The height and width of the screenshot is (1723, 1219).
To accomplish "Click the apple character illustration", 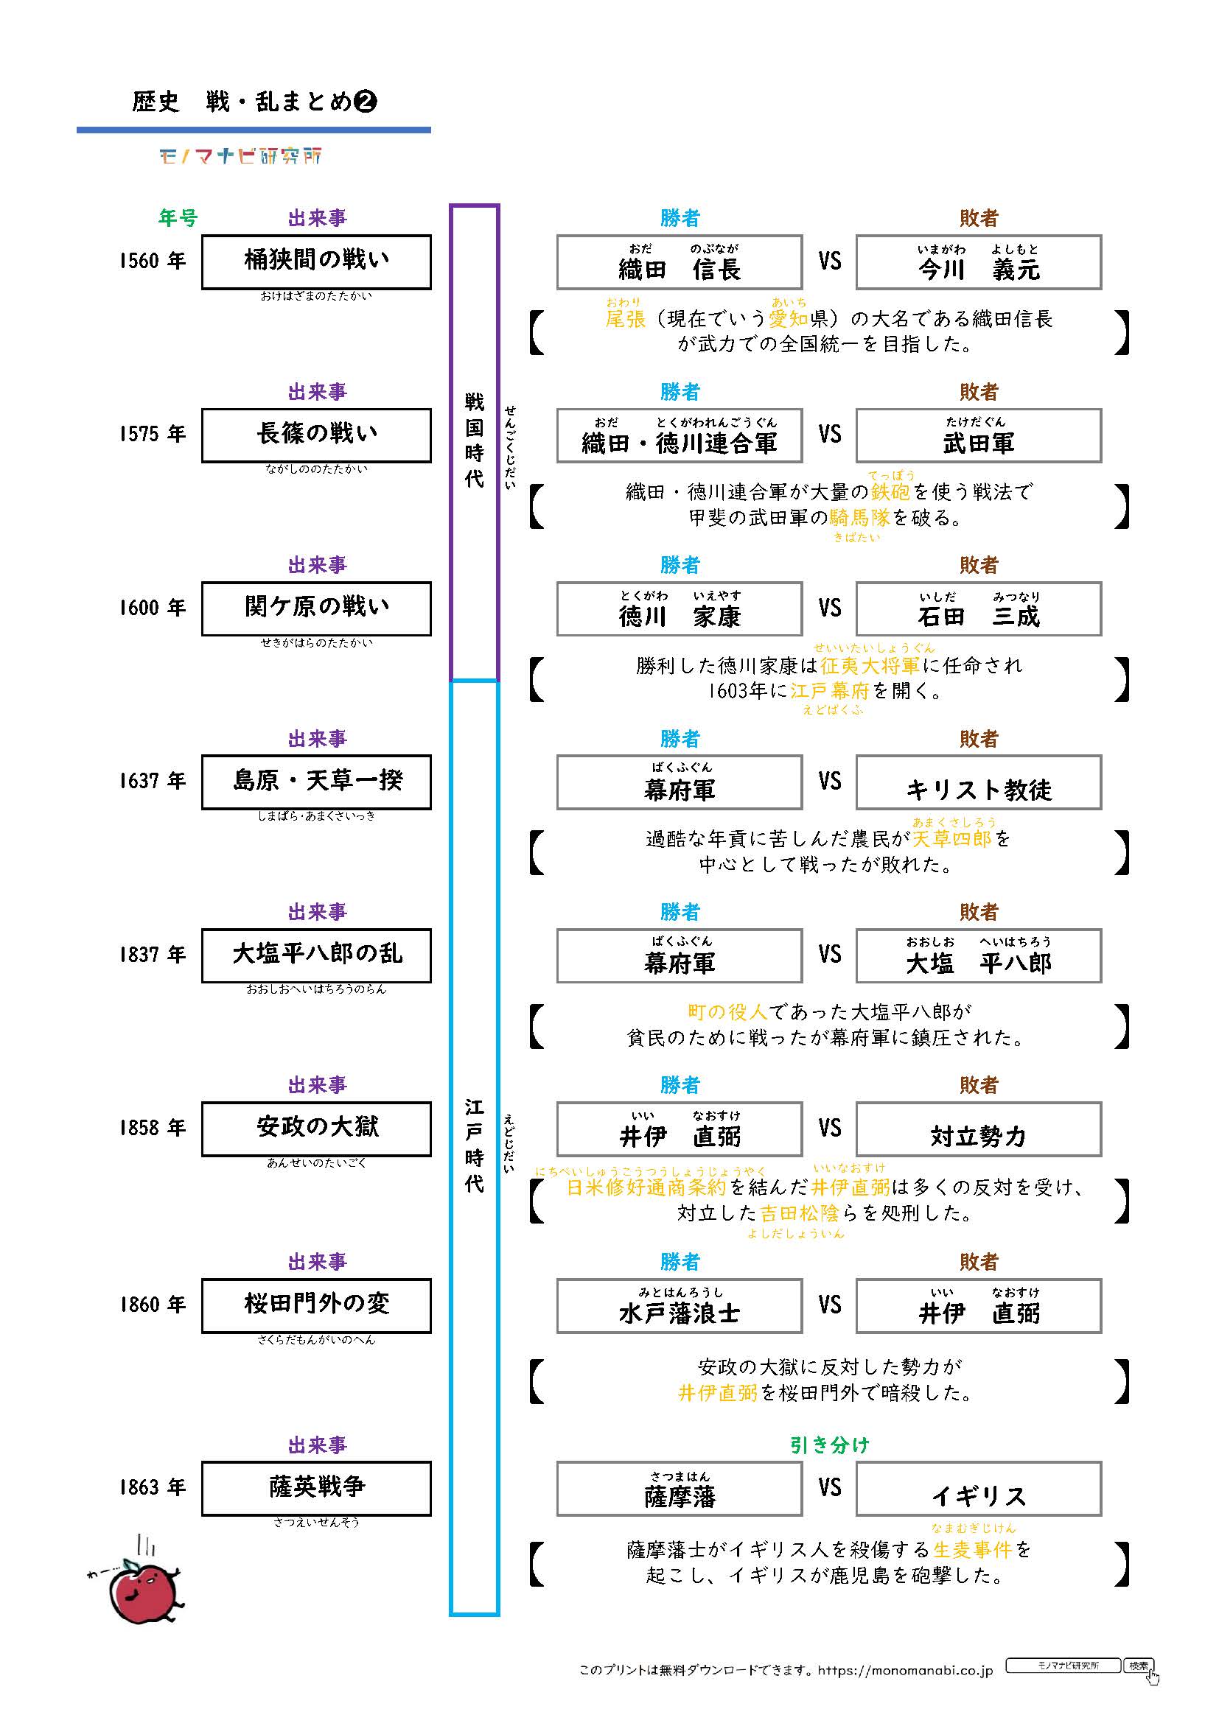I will (x=141, y=1590).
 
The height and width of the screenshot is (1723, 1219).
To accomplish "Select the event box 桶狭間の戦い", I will (x=316, y=262).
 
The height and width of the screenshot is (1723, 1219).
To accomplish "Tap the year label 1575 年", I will (x=153, y=435).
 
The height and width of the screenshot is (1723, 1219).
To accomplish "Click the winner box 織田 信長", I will (x=679, y=262).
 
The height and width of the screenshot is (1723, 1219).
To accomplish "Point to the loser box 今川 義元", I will (x=978, y=262).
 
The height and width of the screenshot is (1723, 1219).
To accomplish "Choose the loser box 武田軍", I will (x=978, y=435).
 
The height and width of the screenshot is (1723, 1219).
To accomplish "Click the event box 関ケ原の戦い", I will (x=316, y=608).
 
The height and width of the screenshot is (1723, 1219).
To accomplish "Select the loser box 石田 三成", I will (x=978, y=608).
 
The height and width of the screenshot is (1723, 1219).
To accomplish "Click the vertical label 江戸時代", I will (x=475, y=1145).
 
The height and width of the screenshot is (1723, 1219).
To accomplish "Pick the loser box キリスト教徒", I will (x=978, y=783).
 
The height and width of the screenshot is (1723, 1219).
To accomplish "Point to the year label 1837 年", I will (x=153, y=955).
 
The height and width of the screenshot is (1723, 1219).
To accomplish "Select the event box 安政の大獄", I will (x=316, y=1129).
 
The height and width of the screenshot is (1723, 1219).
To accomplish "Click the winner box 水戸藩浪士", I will (x=679, y=1307).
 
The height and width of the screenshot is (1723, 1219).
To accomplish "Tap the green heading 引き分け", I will (x=828, y=1445).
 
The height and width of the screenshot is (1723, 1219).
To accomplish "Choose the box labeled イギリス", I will (x=978, y=1489).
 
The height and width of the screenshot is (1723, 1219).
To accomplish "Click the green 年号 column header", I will (x=178, y=218).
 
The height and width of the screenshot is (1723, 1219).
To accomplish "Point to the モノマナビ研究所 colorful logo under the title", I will (x=240, y=156).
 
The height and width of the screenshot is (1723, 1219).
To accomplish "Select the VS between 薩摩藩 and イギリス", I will (x=829, y=1488).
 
